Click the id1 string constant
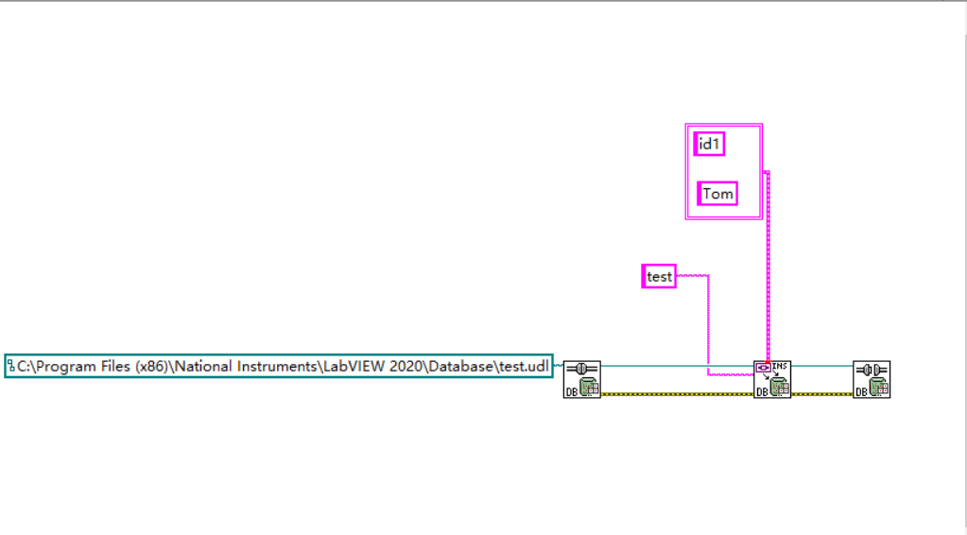coord(709,145)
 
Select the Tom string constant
coord(717,194)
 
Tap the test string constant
coord(659,276)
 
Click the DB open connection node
coord(582,379)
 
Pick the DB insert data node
coord(772,379)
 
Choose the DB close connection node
coord(872,379)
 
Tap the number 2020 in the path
coord(400,366)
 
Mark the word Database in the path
coord(458,366)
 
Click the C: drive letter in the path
coord(23,366)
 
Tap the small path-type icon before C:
coord(11,365)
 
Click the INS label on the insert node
coord(780,366)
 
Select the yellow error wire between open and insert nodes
coord(677,393)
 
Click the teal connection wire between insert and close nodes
coord(821,365)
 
